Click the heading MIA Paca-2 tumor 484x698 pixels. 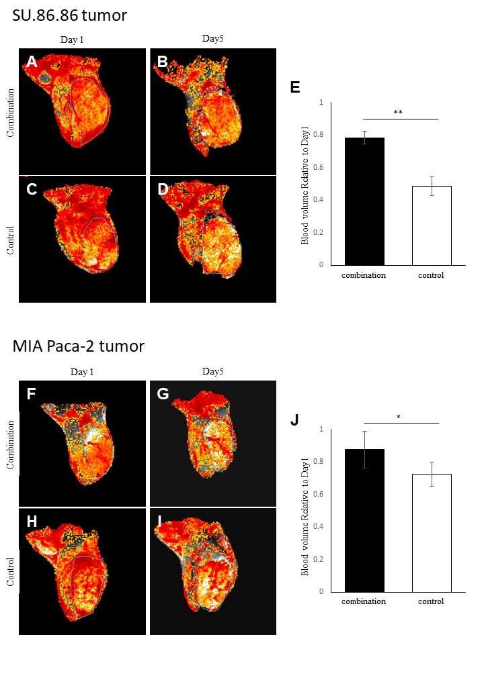click(x=78, y=346)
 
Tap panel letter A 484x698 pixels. click(x=31, y=63)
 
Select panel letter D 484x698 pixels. click(x=163, y=189)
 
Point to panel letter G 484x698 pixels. click(x=163, y=394)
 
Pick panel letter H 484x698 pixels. click(x=32, y=521)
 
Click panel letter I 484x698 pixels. click(x=161, y=521)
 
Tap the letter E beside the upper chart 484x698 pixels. click(x=295, y=87)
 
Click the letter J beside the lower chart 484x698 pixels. click(x=294, y=421)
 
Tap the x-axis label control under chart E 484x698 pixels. click(x=431, y=275)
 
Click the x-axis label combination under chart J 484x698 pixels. click(x=364, y=601)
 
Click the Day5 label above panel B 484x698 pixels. click(x=213, y=39)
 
